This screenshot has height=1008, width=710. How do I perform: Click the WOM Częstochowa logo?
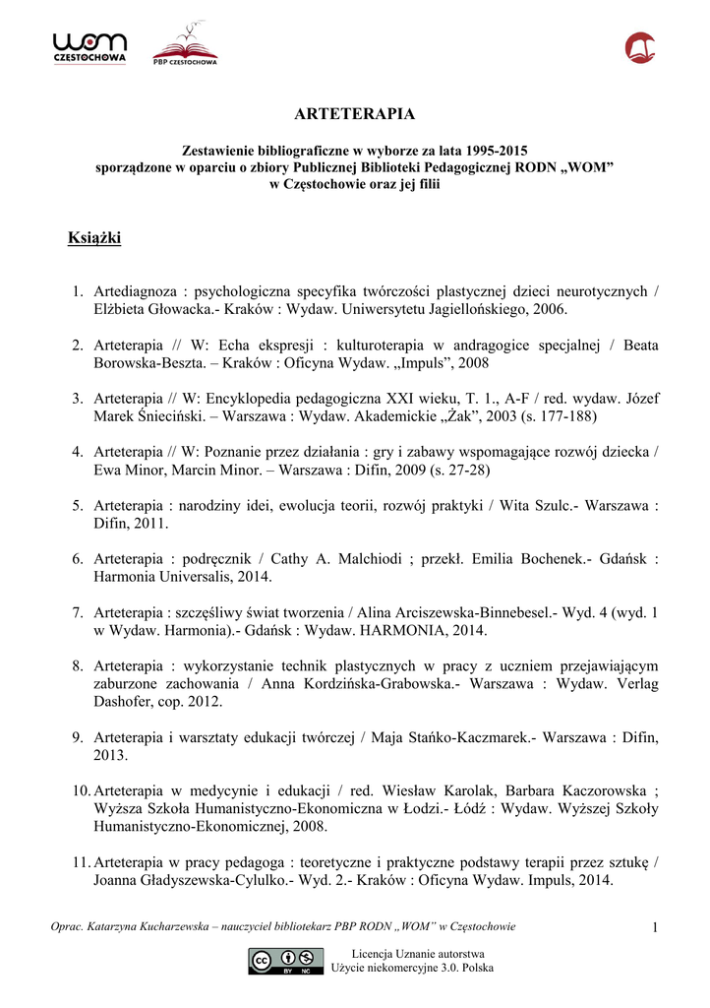point(89,47)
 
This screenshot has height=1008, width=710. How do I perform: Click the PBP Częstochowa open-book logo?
point(185,47)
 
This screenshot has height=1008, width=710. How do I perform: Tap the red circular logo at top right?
point(639,47)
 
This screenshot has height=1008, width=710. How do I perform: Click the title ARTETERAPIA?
point(354,114)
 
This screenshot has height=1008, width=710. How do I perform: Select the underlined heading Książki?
point(94,238)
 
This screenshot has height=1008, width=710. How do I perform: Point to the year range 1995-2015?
point(496,152)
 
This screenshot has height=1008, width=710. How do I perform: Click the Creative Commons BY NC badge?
point(286,961)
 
